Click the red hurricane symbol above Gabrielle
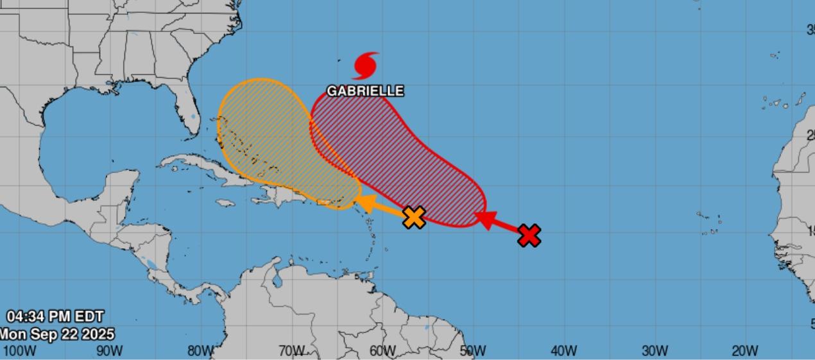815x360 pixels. [x=366, y=65]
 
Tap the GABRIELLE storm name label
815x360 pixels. [x=365, y=91]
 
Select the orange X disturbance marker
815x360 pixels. [x=415, y=217]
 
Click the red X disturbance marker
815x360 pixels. [x=529, y=236]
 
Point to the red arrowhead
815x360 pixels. [x=484, y=219]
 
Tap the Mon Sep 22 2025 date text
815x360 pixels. [x=56, y=334]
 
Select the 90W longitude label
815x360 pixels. [x=110, y=351]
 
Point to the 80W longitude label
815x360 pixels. [x=201, y=351]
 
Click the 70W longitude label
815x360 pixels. [x=291, y=351]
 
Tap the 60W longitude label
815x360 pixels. [x=382, y=351]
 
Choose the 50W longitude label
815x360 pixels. [x=473, y=351]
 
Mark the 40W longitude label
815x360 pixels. [x=564, y=351]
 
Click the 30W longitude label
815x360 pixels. [x=655, y=351]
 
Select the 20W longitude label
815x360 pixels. [x=745, y=351]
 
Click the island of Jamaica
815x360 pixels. [x=224, y=203]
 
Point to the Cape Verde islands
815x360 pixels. [x=710, y=223]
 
